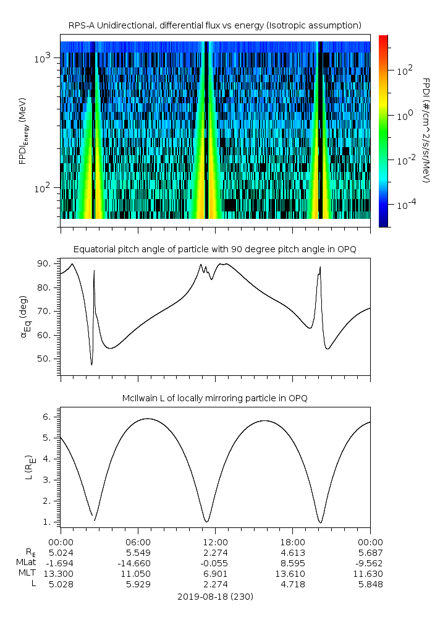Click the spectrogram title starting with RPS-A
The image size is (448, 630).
click(214, 25)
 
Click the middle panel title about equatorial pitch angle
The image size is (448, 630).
click(214, 249)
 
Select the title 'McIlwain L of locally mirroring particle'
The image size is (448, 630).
click(214, 398)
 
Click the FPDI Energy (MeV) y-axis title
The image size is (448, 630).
click(23, 130)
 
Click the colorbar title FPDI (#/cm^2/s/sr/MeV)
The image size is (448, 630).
click(426, 130)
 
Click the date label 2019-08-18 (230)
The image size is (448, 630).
click(215, 597)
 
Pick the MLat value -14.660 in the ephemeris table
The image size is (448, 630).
click(138, 563)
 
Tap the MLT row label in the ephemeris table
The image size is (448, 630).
click(25, 574)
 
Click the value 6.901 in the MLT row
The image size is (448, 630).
click(215, 574)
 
